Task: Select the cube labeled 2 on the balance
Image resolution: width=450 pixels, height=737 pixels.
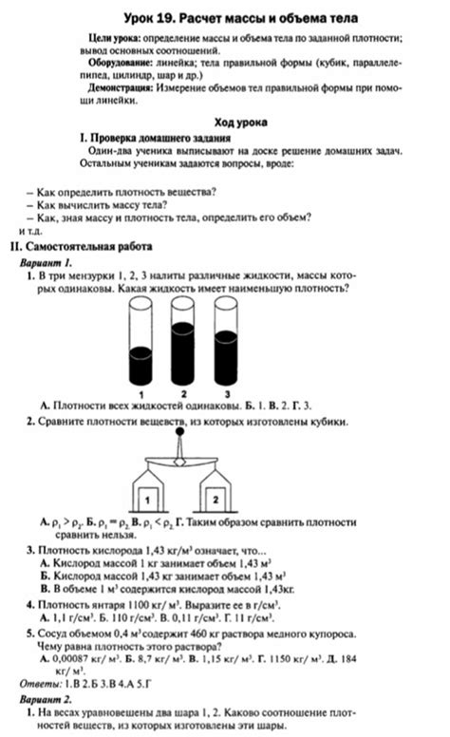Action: [216, 497]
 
